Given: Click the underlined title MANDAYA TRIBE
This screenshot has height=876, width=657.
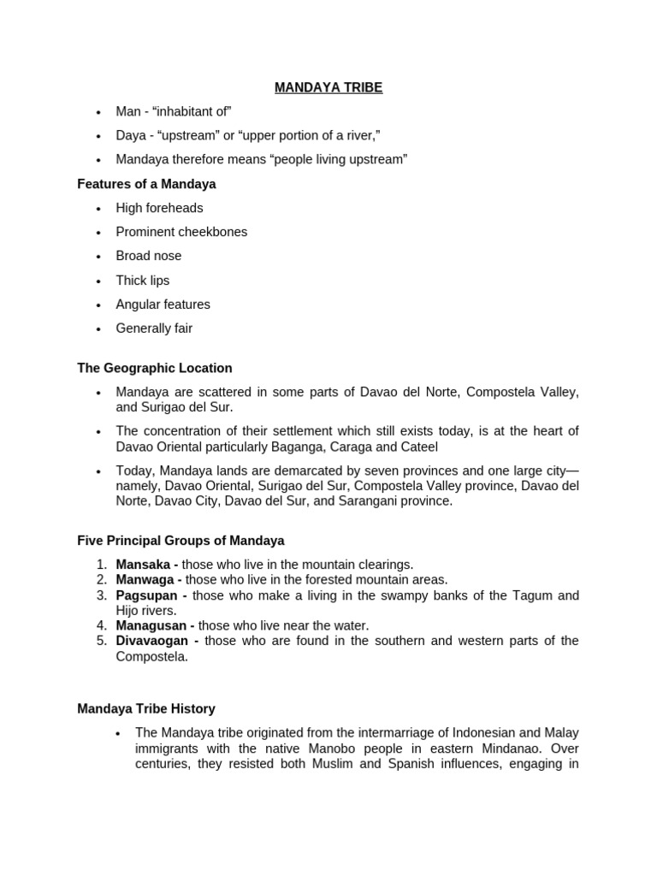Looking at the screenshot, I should (x=328, y=87).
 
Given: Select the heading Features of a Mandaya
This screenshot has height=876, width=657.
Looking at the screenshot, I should (x=146, y=184).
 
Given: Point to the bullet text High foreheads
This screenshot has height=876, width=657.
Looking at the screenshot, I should (x=159, y=208).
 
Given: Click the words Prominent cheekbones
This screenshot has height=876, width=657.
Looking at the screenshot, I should (x=181, y=232).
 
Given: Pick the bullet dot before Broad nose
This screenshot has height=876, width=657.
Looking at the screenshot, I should (x=99, y=257).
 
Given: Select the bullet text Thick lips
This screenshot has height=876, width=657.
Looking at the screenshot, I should (x=143, y=281).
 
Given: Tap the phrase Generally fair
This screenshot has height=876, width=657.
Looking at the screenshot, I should (x=154, y=328).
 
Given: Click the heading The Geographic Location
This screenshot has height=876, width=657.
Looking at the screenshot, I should (x=154, y=368).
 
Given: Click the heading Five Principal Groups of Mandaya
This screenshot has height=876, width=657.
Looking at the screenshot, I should (x=181, y=541).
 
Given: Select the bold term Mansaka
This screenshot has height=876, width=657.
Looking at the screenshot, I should (x=142, y=565).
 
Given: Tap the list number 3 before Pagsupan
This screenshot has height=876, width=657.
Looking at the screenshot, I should (x=100, y=595).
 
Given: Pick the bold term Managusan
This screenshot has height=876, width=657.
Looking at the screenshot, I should (x=151, y=625).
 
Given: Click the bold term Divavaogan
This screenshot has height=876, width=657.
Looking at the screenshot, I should (x=152, y=641).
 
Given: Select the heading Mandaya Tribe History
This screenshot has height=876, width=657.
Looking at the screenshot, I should (x=146, y=709).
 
